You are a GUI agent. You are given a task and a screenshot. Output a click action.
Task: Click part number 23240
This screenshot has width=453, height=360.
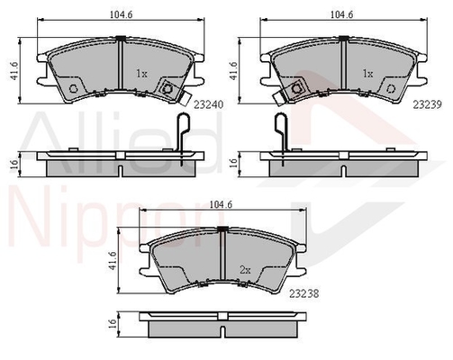(209, 104)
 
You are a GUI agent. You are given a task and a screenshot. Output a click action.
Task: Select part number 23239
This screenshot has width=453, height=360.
(427, 104)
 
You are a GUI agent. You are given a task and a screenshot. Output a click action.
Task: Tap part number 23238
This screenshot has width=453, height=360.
(304, 293)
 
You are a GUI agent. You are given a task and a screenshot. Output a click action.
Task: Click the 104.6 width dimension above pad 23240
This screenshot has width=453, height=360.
(122, 14)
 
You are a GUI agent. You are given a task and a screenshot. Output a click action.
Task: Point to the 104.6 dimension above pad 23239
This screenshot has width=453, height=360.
(342, 14)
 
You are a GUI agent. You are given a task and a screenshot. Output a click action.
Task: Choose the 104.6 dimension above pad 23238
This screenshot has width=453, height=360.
(221, 204)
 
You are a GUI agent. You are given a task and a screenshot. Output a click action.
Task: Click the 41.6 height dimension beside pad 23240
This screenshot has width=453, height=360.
(14, 71)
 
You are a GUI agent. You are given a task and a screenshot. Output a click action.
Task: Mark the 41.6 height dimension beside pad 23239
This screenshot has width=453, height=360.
(233, 71)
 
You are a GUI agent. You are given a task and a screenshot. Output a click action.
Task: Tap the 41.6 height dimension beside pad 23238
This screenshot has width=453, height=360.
(113, 260)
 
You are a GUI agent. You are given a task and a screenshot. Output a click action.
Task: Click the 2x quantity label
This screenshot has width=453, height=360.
(245, 270)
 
